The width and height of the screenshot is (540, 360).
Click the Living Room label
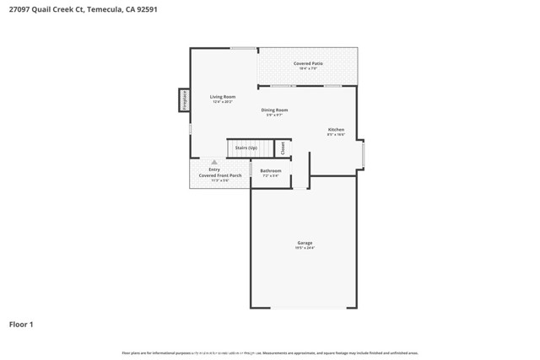[x=223, y=97]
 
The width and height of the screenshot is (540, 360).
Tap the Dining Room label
[x=274, y=110]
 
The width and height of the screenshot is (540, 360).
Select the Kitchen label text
[x=336, y=129]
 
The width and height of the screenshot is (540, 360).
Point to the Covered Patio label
[x=308, y=63]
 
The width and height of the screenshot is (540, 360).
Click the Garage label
[x=305, y=243]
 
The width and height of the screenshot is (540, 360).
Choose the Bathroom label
[x=271, y=170]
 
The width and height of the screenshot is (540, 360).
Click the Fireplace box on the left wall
[x=183, y=99]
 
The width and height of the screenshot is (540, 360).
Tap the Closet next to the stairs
[x=283, y=148]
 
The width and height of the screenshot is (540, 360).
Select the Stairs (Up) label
[x=246, y=148]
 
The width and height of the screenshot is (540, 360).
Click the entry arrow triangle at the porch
[x=214, y=162]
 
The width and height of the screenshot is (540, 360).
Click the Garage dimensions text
[x=305, y=248]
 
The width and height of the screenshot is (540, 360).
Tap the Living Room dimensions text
[x=223, y=102]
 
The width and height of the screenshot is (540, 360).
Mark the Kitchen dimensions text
[x=336, y=134]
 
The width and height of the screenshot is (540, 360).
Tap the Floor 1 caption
[x=21, y=324]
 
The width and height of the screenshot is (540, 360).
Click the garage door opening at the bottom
[x=303, y=309]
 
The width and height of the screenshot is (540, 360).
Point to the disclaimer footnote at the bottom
[x=270, y=353]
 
